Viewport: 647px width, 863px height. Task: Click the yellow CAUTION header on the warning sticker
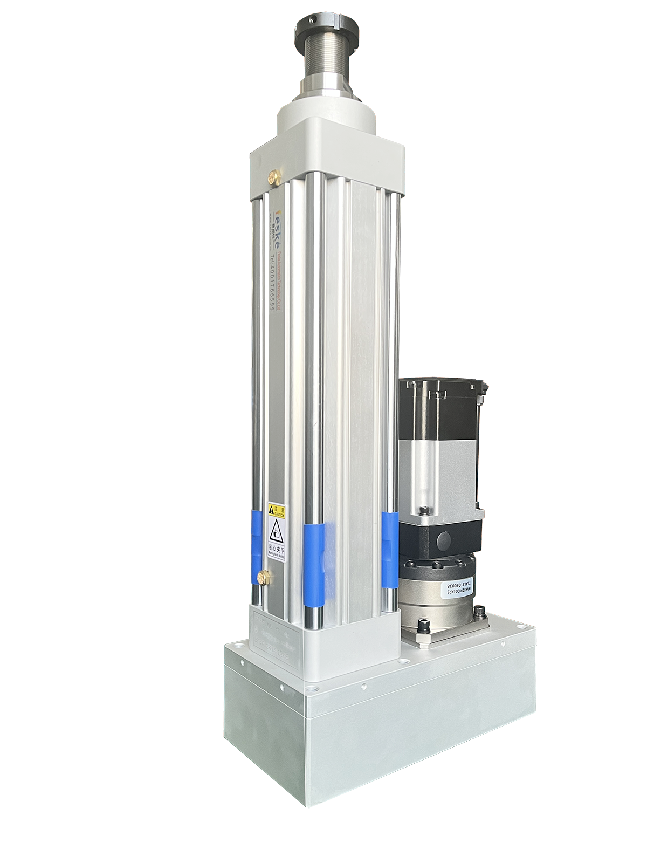pyautogui.click(x=277, y=510)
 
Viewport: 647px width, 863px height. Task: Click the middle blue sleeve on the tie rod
pyautogui.click(x=314, y=564)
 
